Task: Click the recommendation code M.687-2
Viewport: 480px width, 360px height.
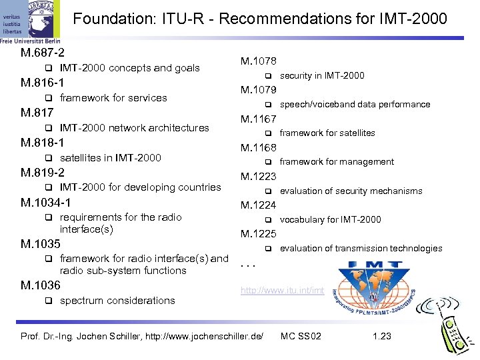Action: pos(42,52)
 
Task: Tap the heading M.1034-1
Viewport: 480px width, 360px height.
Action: pos(46,202)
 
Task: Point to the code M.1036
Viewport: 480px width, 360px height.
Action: pos(41,285)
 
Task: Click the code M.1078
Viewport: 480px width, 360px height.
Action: pos(259,61)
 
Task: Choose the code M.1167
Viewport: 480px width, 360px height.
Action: pos(259,119)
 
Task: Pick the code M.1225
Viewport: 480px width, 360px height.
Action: pos(259,234)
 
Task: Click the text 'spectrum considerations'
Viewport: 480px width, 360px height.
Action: pos(117,301)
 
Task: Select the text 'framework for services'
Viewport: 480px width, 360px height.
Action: pos(113,98)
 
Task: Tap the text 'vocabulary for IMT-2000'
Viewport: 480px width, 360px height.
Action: pos(331,219)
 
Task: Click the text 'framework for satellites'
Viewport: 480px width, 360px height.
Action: pos(327,133)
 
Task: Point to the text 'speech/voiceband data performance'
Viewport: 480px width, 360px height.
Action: pos(355,104)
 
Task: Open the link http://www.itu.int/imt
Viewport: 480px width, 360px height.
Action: pos(283,291)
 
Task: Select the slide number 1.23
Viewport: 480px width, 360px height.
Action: pos(382,336)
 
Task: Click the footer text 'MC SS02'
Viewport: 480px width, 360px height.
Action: pos(301,336)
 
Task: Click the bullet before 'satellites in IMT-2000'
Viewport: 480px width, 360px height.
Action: pos(49,158)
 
